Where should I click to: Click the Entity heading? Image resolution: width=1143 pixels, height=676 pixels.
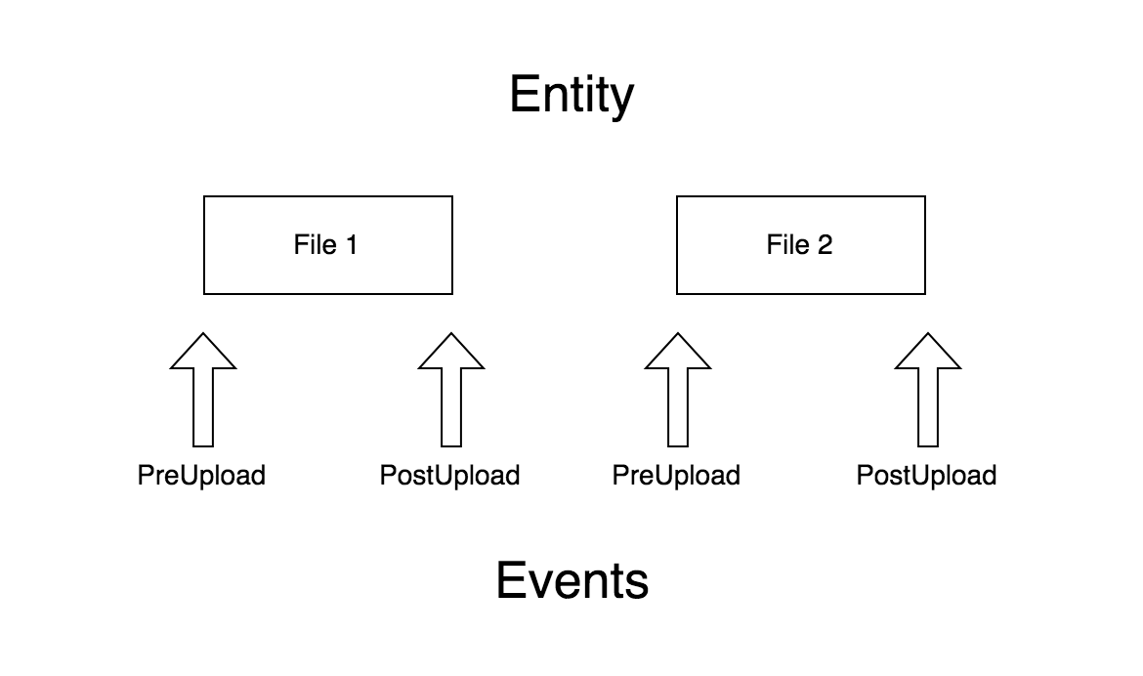click(x=571, y=97)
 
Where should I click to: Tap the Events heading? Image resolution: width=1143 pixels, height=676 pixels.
click(x=571, y=580)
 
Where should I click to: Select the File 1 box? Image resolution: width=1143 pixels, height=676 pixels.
click(x=328, y=245)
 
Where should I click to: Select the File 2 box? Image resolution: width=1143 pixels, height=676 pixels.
click(x=801, y=245)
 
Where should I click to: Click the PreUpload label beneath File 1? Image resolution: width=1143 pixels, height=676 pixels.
click(x=201, y=476)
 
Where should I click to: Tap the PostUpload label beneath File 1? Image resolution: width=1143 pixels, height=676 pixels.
click(x=449, y=476)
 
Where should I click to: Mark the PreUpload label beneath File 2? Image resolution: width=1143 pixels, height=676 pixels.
click(x=676, y=476)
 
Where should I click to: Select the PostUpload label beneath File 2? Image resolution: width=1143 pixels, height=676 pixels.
click(x=926, y=476)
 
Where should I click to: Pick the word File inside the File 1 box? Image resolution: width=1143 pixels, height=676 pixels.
click(x=315, y=244)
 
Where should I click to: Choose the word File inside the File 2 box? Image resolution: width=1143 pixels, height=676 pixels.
click(x=787, y=244)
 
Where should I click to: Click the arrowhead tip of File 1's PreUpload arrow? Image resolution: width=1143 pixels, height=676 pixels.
click(x=203, y=335)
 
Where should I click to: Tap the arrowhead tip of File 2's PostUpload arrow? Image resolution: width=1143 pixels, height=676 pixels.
click(x=928, y=335)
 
